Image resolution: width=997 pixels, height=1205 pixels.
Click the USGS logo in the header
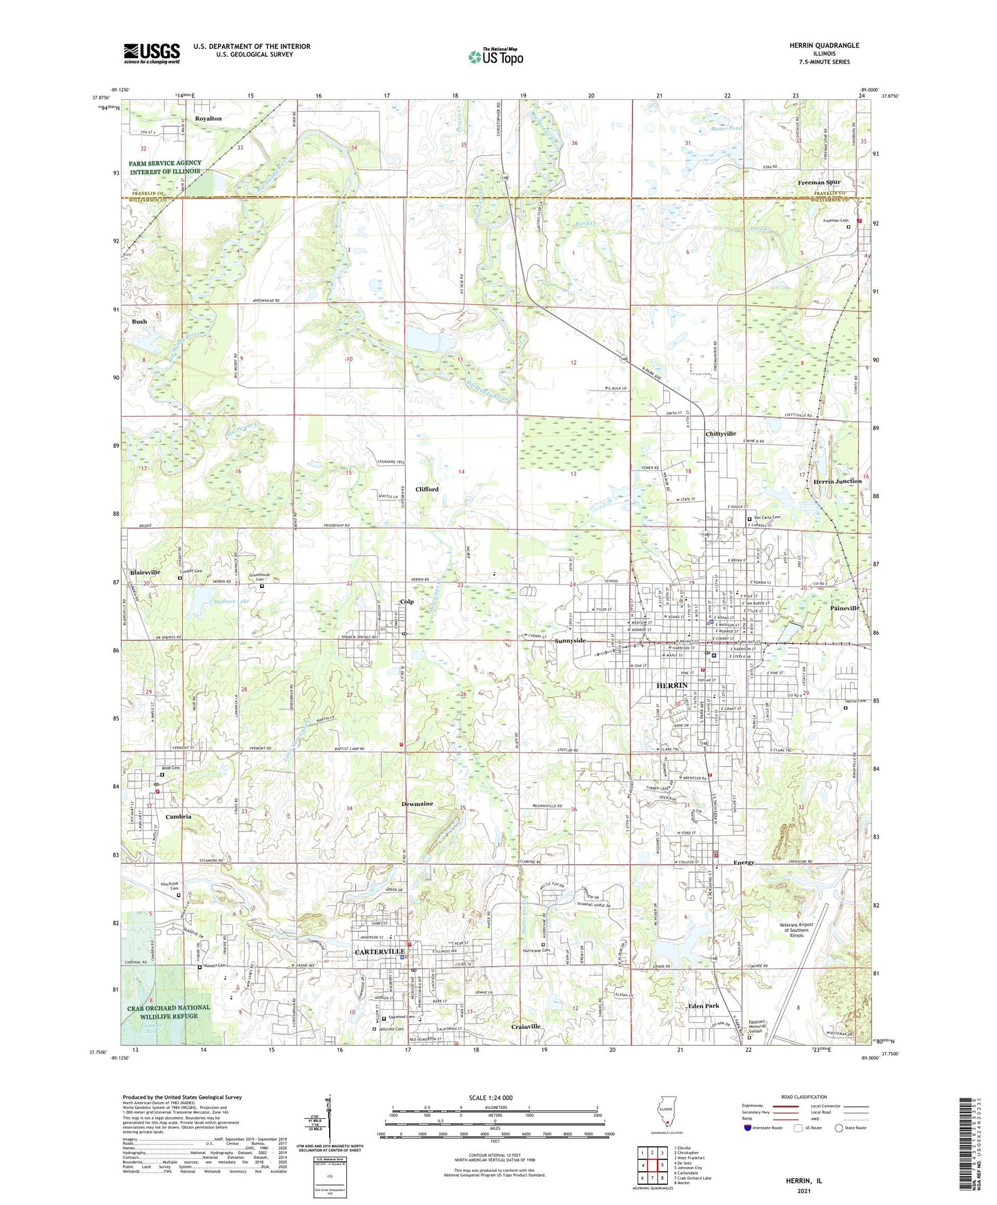[152, 53]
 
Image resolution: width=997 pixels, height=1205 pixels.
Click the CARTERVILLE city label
[379, 951]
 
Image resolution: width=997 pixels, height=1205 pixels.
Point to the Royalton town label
[208, 119]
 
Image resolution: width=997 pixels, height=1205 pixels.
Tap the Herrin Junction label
[838, 481]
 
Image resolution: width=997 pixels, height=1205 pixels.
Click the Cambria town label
[178, 816]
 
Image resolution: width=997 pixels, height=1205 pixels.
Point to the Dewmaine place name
[417, 804]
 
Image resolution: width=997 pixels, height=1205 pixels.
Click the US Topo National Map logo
[495, 56]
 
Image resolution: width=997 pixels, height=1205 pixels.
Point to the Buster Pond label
[727, 128]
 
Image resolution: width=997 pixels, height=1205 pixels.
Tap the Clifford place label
[426, 489]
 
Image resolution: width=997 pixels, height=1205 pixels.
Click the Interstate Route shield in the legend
[748, 1128]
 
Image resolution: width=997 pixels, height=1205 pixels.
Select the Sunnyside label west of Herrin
[570, 640]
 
